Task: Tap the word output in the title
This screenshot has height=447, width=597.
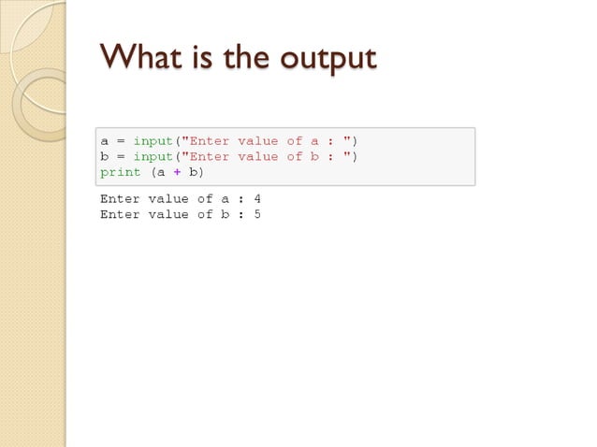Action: (x=323, y=59)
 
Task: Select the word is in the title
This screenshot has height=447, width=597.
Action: (x=197, y=58)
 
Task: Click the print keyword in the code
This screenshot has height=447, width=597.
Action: (x=120, y=172)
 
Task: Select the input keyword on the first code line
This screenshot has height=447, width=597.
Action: (x=153, y=141)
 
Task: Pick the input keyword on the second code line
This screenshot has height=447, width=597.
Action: (x=153, y=156)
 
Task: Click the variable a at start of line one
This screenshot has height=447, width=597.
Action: (x=105, y=141)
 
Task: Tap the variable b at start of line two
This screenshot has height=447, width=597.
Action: (x=105, y=156)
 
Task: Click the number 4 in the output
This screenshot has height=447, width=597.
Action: (x=256, y=198)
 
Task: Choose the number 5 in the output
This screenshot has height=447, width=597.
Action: (x=256, y=214)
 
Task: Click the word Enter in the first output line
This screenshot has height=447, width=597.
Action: (x=120, y=198)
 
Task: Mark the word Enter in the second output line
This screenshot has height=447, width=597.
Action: (x=120, y=214)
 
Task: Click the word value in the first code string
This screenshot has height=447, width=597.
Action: (x=257, y=141)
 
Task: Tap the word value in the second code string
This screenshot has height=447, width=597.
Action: (x=257, y=156)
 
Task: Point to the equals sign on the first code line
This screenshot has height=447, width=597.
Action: (x=120, y=141)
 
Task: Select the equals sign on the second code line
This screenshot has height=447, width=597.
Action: (x=120, y=156)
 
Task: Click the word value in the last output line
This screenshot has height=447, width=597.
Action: (x=168, y=214)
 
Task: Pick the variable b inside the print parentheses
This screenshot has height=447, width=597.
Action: (x=193, y=172)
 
